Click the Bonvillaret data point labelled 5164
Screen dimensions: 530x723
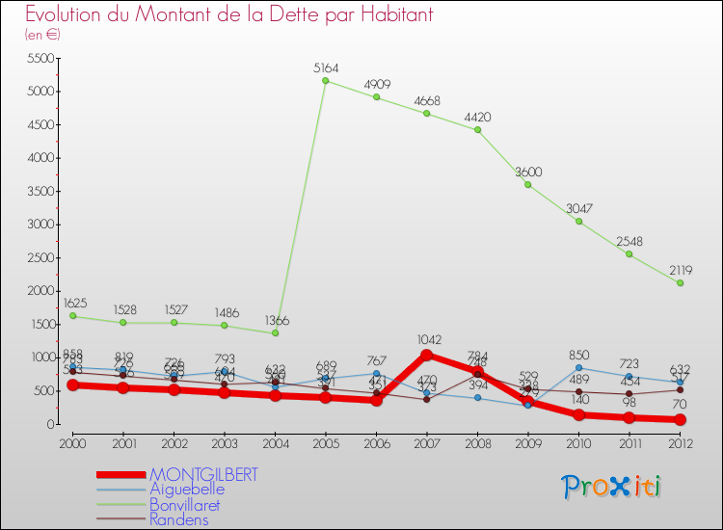[x=326, y=81]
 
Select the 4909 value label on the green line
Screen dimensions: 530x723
[x=377, y=85]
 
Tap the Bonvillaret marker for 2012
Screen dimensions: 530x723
[x=681, y=283]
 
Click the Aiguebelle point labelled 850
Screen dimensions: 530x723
[x=579, y=367]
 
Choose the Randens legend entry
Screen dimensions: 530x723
[x=178, y=519]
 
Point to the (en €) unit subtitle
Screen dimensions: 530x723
[x=43, y=35]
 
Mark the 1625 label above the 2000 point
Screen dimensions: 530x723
[x=76, y=304]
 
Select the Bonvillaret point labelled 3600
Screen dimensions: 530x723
[x=528, y=184]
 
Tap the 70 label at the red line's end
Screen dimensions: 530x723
[x=681, y=406]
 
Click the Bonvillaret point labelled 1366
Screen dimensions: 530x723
[x=276, y=333]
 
